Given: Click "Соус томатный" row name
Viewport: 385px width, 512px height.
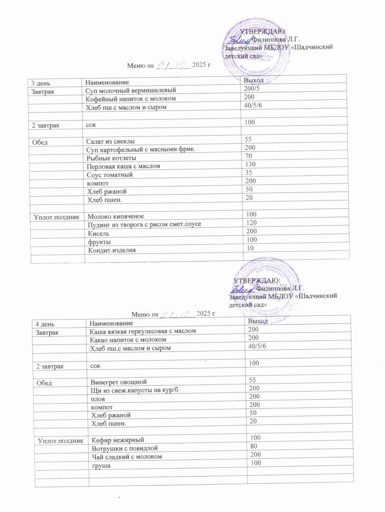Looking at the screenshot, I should (x=110, y=175).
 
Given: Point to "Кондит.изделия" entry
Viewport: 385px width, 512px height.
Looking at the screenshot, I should (x=112, y=250).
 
